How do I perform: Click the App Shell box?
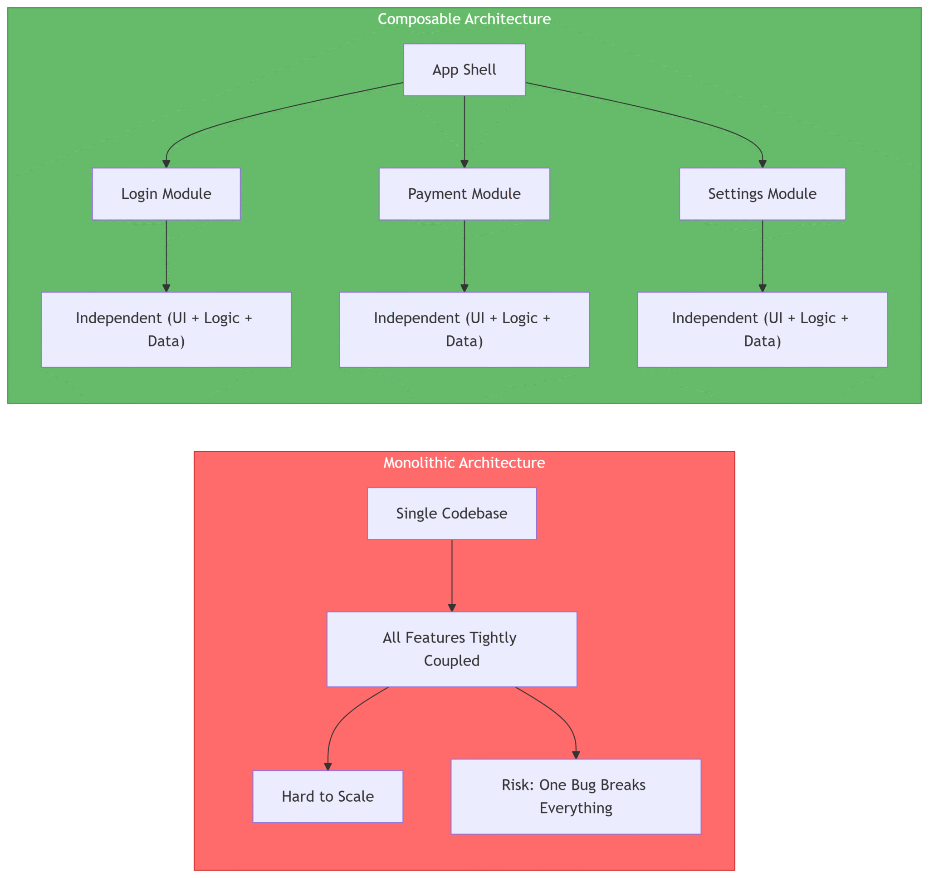[464, 70]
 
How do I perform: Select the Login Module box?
[166, 194]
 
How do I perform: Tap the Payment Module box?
[464, 194]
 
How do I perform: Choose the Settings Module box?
[762, 194]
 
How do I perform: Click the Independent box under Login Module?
[166, 330]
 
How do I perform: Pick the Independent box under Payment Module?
[464, 330]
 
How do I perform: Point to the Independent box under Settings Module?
[762, 330]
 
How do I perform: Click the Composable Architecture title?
[464, 19]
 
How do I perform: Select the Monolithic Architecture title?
[464, 463]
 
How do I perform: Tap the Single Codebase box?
[452, 513]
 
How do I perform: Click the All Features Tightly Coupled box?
[452, 649]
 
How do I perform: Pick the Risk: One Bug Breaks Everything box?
[576, 797]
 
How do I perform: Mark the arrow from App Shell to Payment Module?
[464, 131]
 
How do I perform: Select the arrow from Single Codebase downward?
[452, 576]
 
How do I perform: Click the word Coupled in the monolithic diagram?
[452, 661]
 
